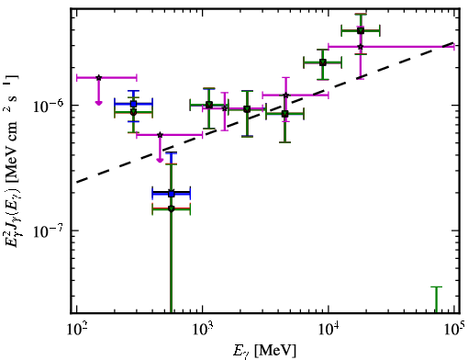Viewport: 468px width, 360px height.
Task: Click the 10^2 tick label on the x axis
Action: (x=76, y=329)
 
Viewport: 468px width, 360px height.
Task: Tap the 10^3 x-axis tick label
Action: (x=203, y=329)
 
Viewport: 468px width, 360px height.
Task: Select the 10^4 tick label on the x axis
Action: (x=329, y=329)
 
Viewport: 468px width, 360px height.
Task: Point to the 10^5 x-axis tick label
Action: (x=454, y=329)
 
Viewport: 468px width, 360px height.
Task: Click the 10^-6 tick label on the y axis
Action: (x=49, y=106)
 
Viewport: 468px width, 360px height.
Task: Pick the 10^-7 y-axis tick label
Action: (x=49, y=231)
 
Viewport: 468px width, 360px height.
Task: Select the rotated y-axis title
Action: (x=11, y=162)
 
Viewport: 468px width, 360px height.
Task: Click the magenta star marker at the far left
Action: (x=98, y=78)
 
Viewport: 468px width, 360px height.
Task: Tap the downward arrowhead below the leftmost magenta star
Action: (x=98, y=103)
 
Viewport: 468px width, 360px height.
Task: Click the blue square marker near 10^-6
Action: (x=133, y=104)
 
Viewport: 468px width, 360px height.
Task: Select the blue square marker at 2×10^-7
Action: (x=172, y=194)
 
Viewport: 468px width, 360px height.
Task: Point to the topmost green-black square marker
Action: (x=361, y=30)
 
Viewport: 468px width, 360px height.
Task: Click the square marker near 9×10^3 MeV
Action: (x=322, y=62)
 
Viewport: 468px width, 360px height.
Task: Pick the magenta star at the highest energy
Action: (x=361, y=47)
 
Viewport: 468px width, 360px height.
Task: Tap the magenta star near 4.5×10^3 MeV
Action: (x=285, y=96)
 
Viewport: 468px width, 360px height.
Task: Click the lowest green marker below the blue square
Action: (x=172, y=208)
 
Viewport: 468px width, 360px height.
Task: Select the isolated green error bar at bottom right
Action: (x=437, y=300)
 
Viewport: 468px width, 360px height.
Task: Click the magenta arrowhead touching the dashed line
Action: (x=160, y=160)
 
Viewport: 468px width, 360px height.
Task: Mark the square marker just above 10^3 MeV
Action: (x=209, y=105)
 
